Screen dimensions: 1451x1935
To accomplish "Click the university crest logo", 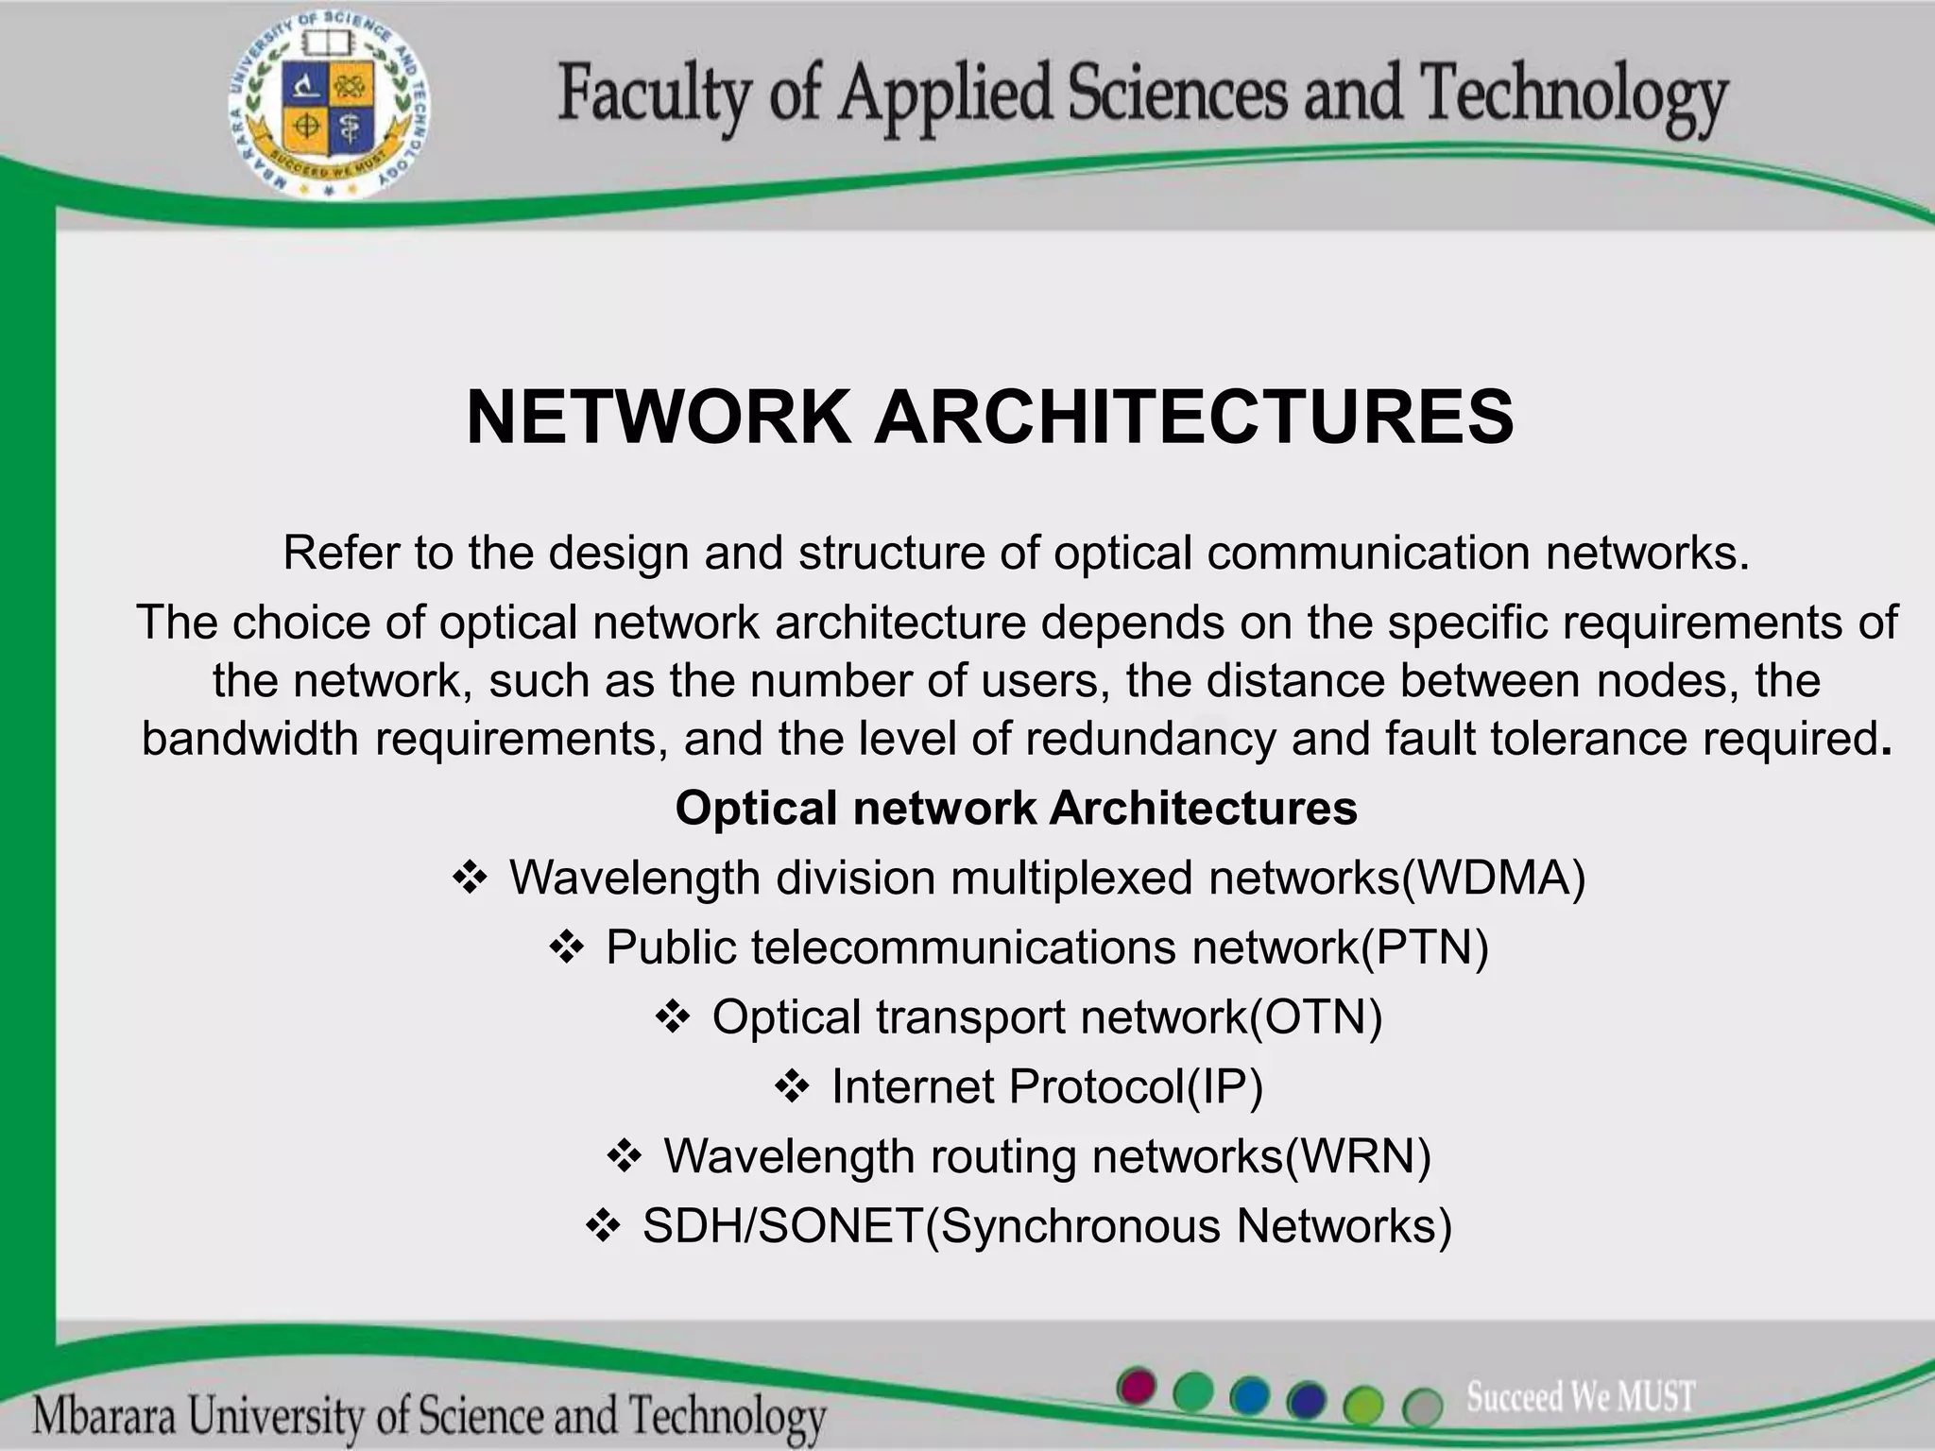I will [x=327, y=107].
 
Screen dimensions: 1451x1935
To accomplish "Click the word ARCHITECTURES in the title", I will [x=1193, y=418].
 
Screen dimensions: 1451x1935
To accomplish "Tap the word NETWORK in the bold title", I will [x=659, y=418].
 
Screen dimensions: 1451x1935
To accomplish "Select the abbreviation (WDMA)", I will [x=1494, y=878].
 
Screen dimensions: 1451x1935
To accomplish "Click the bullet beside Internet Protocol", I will [x=792, y=1087].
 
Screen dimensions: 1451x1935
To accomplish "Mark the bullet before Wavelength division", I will [x=471, y=879].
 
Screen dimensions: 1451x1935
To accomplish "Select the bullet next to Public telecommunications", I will [x=567, y=948].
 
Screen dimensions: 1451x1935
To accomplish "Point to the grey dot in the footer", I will [x=1422, y=1408].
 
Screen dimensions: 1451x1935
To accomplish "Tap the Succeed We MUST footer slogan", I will [x=1581, y=1396].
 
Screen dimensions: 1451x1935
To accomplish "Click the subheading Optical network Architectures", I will [x=1016, y=809].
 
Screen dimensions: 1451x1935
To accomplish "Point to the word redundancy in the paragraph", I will [x=1150, y=739].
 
